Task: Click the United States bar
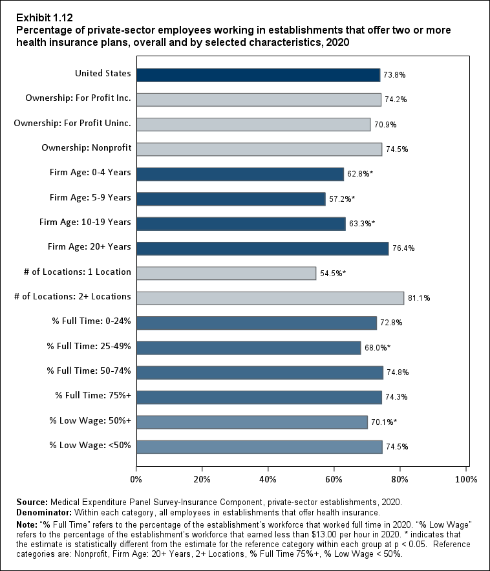[258, 75]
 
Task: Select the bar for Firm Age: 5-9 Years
[231, 199]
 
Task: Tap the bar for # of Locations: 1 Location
[226, 273]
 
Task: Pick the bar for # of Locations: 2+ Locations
[270, 297]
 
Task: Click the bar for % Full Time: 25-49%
[248, 347]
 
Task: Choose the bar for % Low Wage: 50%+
[252, 422]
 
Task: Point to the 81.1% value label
[418, 298]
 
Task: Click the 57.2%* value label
[343, 199]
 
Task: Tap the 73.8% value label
[394, 75]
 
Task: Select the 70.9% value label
[385, 125]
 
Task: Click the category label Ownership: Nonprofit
[87, 148]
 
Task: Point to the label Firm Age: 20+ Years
[89, 246]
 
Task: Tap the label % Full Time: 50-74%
[89, 371]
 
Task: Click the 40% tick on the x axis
[268, 479]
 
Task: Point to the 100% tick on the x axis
[465, 479]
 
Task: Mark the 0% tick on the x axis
[136, 479]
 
